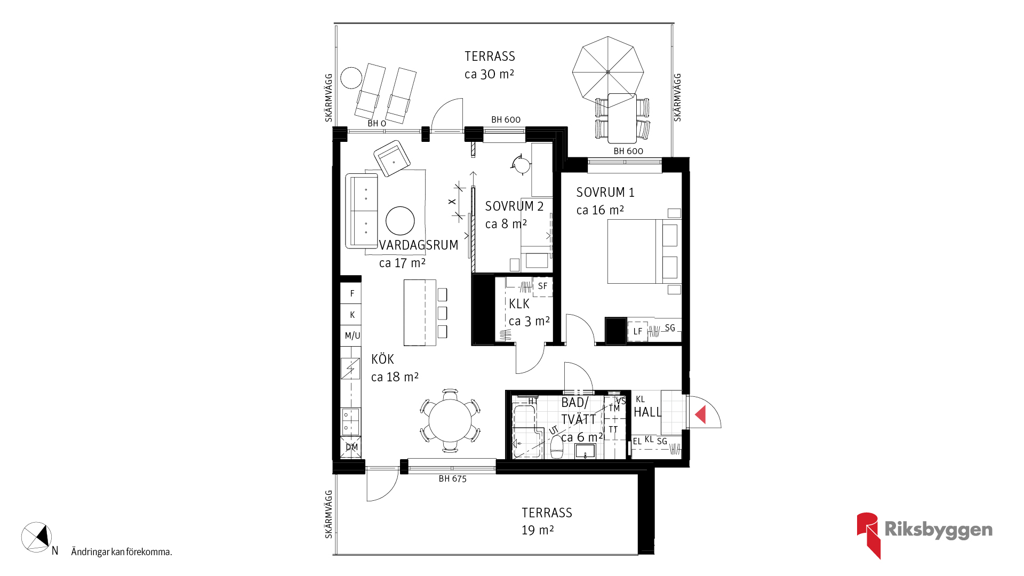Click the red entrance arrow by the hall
click(701, 414)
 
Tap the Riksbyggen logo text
click(938, 530)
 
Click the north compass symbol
click(36, 537)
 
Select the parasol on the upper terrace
click(608, 72)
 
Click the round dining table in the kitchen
click(450, 420)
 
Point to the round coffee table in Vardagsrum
click(400, 220)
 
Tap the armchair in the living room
click(392, 158)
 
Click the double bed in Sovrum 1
click(644, 251)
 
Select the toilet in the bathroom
click(556, 447)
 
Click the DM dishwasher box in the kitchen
click(351, 447)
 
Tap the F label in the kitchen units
click(352, 293)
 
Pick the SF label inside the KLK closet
click(542, 286)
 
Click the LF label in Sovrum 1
click(638, 331)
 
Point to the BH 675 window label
click(452, 479)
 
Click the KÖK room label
click(382, 359)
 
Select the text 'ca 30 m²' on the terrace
click(489, 74)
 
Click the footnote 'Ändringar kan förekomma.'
click(122, 552)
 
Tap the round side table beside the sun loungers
click(351, 78)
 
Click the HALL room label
click(647, 412)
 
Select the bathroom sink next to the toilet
click(585, 451)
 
